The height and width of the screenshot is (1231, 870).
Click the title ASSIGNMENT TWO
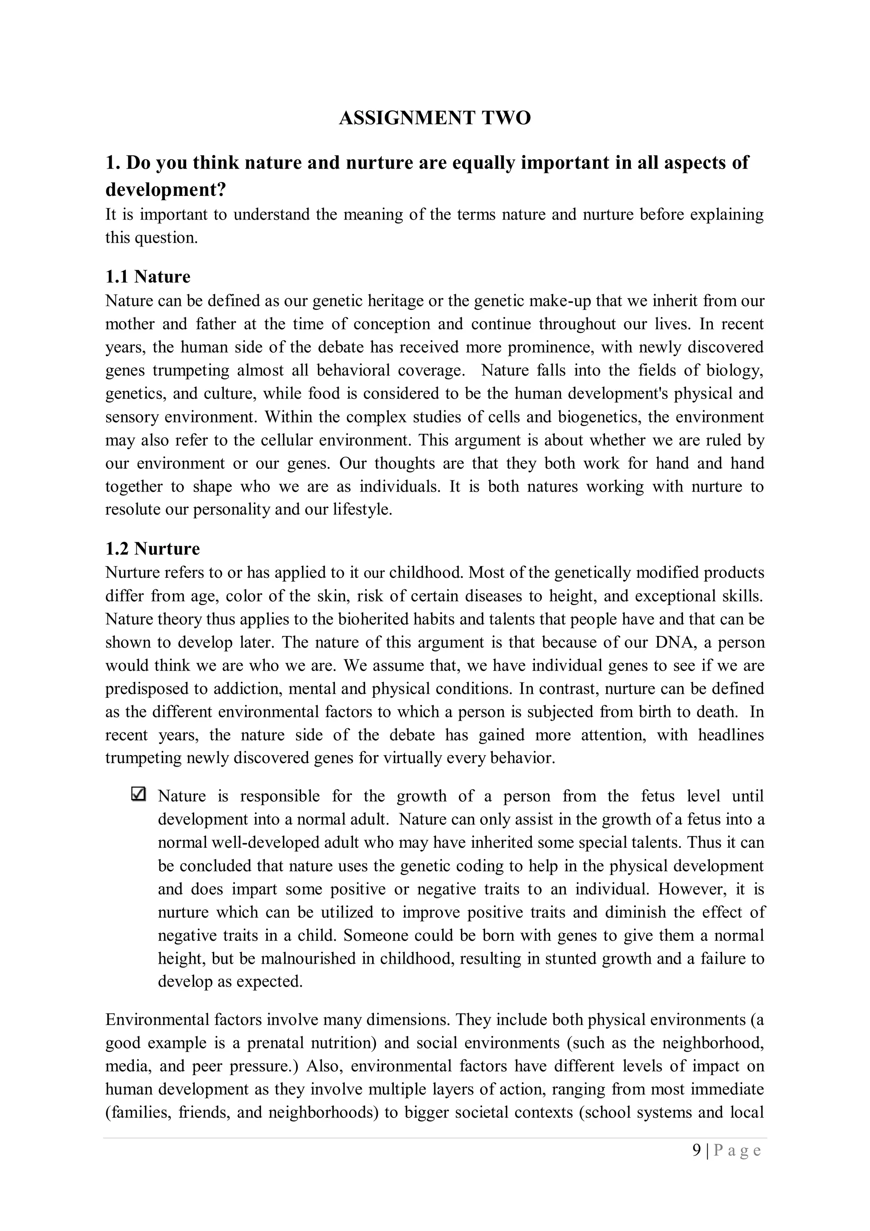point(434,118)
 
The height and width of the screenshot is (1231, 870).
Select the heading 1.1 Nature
point(147,277)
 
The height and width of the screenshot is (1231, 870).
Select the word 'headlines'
point(731,735)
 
